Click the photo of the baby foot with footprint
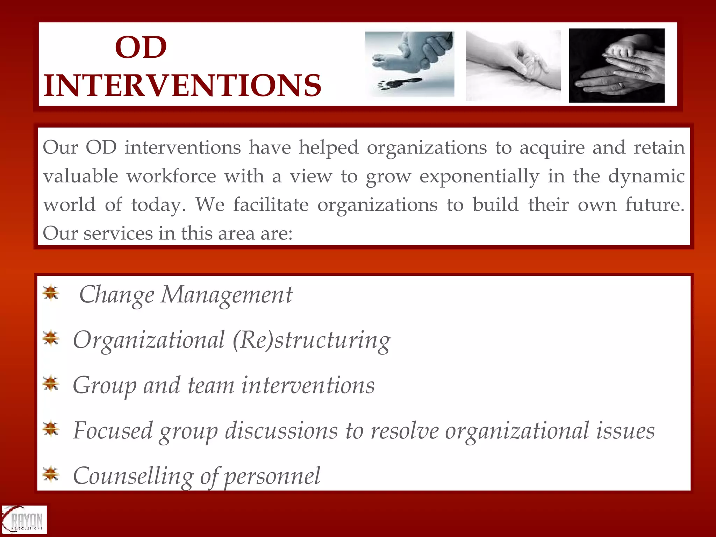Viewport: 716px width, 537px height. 409,64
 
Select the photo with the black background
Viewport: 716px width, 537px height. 616,65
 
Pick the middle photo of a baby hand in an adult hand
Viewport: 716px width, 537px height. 513,65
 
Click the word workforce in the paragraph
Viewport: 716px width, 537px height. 171,176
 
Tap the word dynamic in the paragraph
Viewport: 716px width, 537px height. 646,176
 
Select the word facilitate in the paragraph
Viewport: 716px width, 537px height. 271,205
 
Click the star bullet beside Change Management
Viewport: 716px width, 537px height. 51,293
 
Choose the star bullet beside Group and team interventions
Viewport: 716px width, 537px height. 51,384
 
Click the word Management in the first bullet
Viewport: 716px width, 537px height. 226,295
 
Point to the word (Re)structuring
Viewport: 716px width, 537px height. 311,340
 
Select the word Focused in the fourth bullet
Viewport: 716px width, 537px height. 113,430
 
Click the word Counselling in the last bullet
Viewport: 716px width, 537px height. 133,476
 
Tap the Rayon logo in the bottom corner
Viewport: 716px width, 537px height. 24,520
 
